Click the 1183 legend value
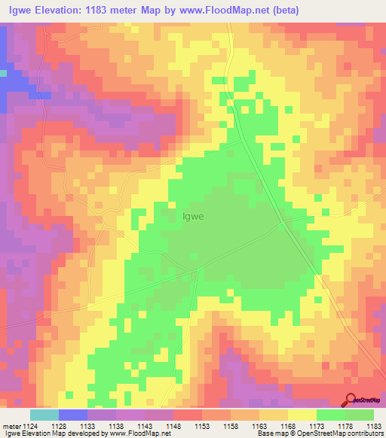[x=372, y=426]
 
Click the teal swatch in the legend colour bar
[x=44, y=415]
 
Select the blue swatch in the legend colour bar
[x=73, y=415]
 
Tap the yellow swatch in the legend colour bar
[x=302, y=415]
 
